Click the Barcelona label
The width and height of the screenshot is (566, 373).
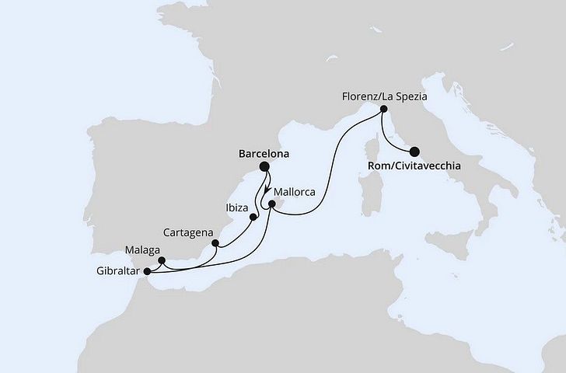click(x=263, y=154)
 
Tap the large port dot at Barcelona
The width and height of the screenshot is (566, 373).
click(x=264, y=166)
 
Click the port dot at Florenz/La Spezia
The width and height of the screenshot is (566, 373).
click(x=383, y=111)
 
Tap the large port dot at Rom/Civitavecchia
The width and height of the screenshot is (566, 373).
click(x=414, y=152)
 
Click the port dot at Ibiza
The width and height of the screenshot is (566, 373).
click(x=253, y=217)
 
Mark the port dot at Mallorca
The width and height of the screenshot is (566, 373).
click(x=271, y=205)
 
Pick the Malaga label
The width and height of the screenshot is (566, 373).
click(x=141, y=250)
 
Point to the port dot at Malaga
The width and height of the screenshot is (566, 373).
click(x=161, y=261)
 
